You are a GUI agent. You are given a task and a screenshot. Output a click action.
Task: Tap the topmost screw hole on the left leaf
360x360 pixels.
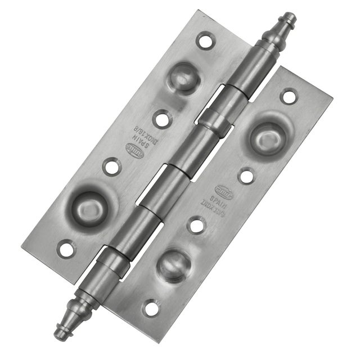205,40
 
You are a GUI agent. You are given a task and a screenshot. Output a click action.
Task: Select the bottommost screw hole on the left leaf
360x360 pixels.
66,247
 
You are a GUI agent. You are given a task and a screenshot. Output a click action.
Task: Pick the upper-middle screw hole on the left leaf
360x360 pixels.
161,119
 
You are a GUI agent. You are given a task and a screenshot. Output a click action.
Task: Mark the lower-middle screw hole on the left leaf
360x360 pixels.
111,166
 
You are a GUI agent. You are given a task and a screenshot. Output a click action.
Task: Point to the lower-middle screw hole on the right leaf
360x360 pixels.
196,226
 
